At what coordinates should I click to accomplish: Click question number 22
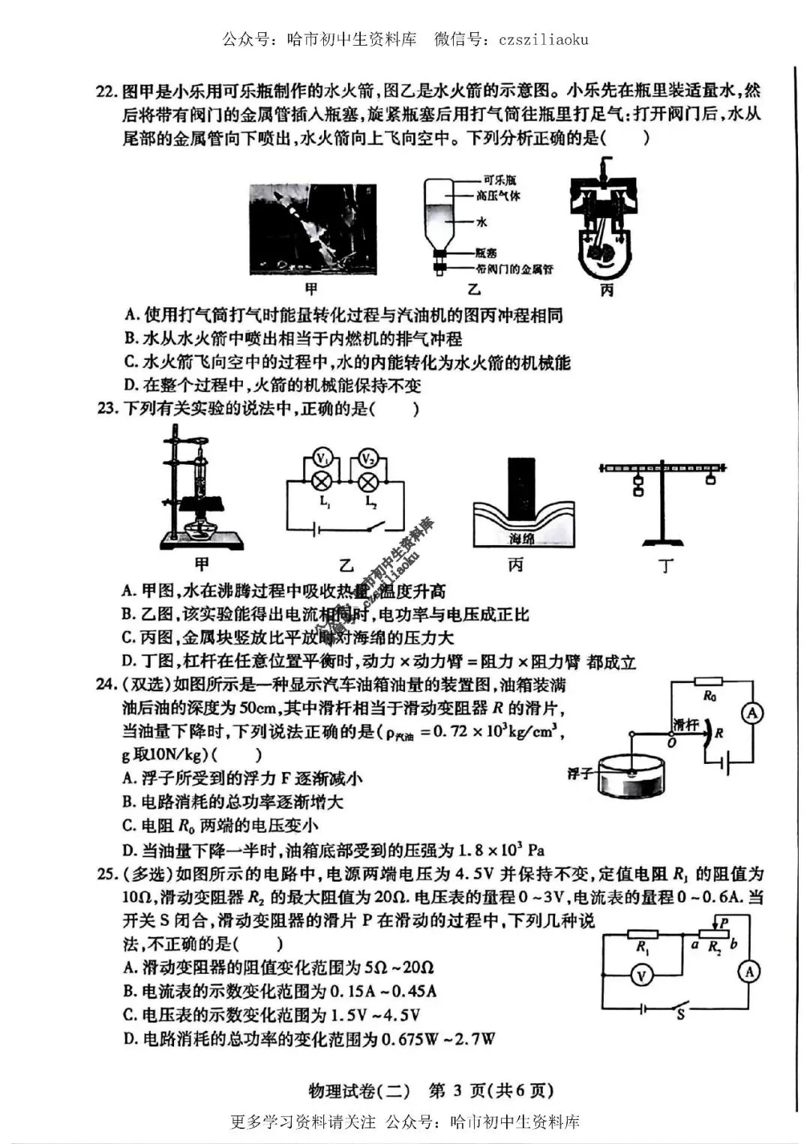pyautogui.click(x=106, y=91)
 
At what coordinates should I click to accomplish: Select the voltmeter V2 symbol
pyautogui.click(x=368, y=457)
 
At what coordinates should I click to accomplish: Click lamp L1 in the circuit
pyautogui.click(x=322, y=481)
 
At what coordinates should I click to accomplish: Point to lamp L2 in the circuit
pyautogui.click(x=368, y=481)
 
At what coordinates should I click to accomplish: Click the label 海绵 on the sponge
pyautogui.click(x=522, y=538)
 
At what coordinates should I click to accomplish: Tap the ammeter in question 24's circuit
pyautogui.click(x=751, y=714)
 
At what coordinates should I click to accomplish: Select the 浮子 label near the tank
pyautogui.click(x=580, y=773)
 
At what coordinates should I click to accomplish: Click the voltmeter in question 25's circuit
pyautogui.click(x=641, y=975)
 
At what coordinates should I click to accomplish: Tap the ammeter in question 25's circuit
pyautogui.click(x=748, y=972)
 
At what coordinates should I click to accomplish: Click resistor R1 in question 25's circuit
pyautogui.click(x=642, y=934)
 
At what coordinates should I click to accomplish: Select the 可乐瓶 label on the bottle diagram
pyautogui.click(x=499, y=180)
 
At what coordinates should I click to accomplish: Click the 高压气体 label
pyautogui.click(x=498, y=196)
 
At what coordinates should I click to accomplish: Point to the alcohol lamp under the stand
pyautogui.click(x=201, y=526)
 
